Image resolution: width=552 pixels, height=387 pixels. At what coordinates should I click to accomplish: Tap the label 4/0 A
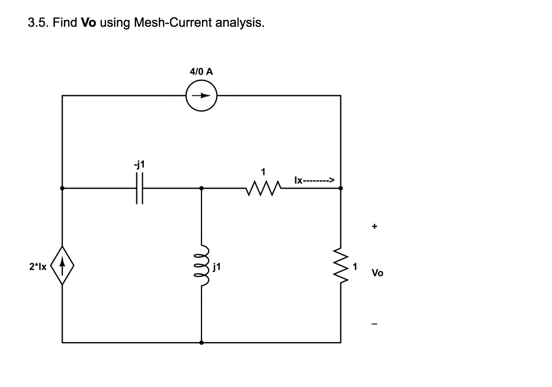point(201,72)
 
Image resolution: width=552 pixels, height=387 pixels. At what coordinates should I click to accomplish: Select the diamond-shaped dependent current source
point(63,265)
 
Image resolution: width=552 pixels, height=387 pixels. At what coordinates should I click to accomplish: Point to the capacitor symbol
point(139,188)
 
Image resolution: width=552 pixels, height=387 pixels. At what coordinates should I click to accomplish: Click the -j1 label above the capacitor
point(139,165)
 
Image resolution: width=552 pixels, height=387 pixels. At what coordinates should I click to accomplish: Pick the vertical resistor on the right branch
point(341,266)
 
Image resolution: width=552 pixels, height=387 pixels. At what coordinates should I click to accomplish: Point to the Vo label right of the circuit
point(377,273)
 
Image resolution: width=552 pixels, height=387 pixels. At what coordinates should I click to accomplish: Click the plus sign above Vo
point(374,226)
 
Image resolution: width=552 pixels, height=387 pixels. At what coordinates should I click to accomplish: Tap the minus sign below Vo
point(374,324)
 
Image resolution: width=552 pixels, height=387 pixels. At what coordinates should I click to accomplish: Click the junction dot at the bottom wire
point(202,343)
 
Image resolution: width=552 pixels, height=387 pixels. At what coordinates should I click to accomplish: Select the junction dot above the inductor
point(202,188)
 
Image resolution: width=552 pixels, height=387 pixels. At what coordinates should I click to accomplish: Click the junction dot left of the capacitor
point(62,188)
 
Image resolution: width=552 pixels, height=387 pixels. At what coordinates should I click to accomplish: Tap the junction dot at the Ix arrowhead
point(341,188)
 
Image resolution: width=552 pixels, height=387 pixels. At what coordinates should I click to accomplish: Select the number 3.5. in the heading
point(38,22)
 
